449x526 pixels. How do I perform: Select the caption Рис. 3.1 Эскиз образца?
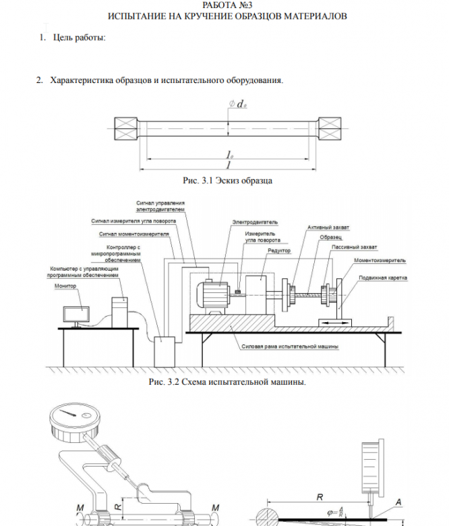point(227,180)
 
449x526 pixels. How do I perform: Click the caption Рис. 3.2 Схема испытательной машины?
point(227,382)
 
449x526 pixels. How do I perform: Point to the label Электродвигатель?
point(255,221)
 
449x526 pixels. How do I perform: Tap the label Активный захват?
point(328,228)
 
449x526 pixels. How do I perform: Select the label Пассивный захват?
point(355,247)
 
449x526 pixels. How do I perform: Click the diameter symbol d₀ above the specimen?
point(238,104)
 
